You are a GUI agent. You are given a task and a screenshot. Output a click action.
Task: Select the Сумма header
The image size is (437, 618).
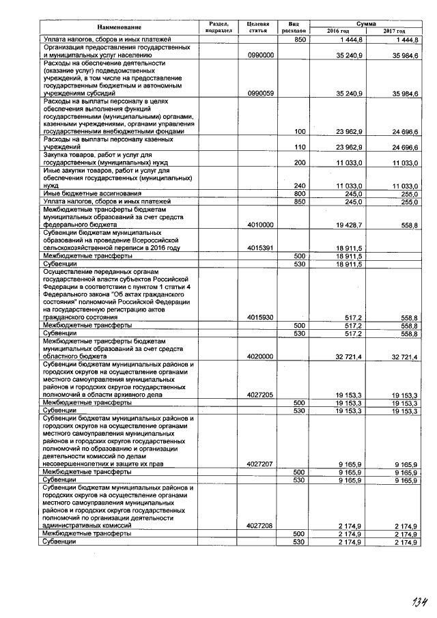(x=366, y=23)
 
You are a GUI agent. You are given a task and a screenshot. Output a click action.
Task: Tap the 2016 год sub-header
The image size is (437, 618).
(x=338, y=31)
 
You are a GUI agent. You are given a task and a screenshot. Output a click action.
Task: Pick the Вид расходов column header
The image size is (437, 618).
(x=294, y=27)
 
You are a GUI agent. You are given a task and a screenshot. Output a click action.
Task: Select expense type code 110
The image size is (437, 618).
(x=298, y=146)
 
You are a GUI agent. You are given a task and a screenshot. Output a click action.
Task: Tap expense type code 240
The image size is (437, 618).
(x=298, y=186)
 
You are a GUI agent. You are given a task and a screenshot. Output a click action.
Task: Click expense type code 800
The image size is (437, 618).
(x=298, y=194)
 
